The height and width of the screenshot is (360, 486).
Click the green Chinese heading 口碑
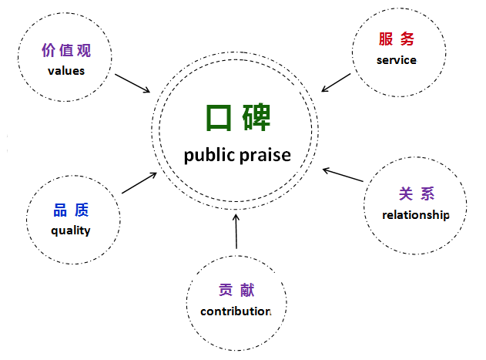[x=237, y=118]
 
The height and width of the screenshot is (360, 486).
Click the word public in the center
[x=209, y=155]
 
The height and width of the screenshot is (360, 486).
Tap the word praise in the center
[x=265, y=155]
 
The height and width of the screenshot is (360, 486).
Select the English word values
[x=65, y=71]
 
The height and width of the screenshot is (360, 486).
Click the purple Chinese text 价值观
[x=65, y=52]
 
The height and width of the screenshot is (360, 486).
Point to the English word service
[x=397, y=59]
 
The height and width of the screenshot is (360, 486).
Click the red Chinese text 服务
[x=397, y=39]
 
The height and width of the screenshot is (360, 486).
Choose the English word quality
[x=71, y=230]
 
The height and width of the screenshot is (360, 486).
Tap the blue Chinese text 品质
[x=71, y=210]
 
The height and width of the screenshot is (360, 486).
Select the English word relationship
[x=416, y=214]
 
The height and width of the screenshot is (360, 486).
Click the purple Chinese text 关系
[x=415, y=194]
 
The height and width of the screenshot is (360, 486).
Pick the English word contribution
[x=236, y=311]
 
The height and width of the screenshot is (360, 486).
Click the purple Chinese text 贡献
[x=236, y=291]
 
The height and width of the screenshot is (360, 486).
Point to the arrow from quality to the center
[x=139, y=182]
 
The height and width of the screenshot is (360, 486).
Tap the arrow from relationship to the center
[x=343, y=174]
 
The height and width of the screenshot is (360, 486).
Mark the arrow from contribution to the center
[x=236, y=232]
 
